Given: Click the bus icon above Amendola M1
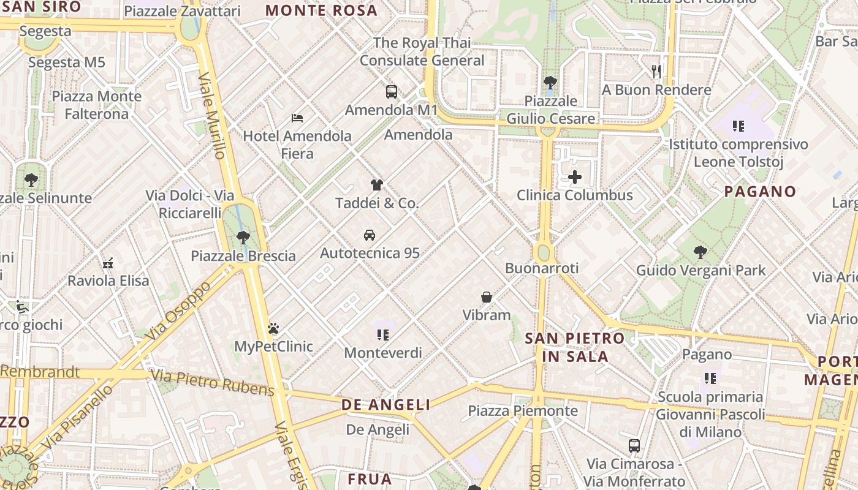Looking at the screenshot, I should tap(392, 92).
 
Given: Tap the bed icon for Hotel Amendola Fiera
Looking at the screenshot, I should tap(297, 118).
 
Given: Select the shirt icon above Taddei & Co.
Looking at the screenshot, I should tap(377, 185).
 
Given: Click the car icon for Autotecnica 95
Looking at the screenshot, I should tap(370, 235).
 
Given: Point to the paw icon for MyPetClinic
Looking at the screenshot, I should tap(273, 329).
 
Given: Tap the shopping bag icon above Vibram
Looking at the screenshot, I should tap(487, 297).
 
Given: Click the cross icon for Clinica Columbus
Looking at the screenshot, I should tap(575, 178).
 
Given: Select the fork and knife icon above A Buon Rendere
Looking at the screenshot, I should tap(656, 72).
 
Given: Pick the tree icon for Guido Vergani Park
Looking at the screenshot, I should tap(700, 252).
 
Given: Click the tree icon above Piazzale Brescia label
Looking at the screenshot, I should tap(243, 238).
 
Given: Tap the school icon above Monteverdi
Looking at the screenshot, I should tap(383, 334).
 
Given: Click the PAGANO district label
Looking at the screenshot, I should tap(760, 192).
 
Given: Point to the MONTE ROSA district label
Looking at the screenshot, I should tap(321, 10).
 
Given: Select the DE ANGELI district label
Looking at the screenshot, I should tap(385, 405).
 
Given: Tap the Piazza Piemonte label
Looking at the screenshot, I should tap(523, 410).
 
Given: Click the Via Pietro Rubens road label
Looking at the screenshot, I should tap(213, 382).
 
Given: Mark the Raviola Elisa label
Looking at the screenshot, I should tap(108, 281).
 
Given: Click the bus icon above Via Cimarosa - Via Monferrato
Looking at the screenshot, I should tap(634, 445).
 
